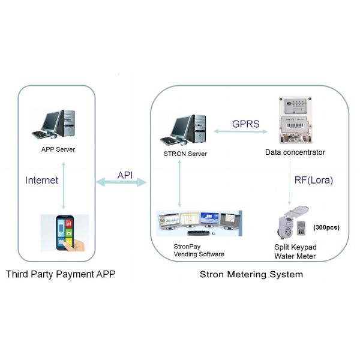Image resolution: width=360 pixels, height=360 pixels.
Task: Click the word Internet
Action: coord(42,179)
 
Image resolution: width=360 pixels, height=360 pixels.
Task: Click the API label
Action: coord(125,174)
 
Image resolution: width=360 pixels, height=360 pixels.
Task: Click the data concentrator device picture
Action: coord(295,120)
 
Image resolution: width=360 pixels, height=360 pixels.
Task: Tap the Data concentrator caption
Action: coord(295,152)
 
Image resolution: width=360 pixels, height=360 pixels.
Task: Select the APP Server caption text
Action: coord(58,150)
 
